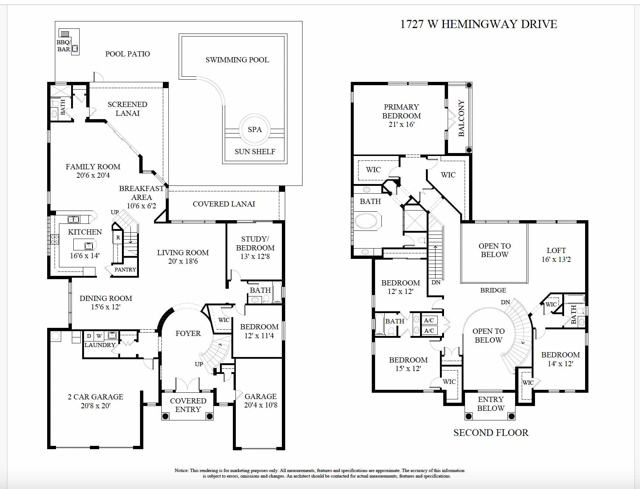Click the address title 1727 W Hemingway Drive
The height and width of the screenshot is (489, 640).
pyautogui.click(x=478, y=24)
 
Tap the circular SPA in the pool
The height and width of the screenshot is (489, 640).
pyautogui.click(x=255, y=129)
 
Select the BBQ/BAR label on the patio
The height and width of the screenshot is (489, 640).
pyautogui.click(x=64, y=46)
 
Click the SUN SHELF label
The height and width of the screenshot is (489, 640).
pyautogui.click(x=255, y=152)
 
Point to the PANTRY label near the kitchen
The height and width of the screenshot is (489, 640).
pyautogui.click(x=125, y=270)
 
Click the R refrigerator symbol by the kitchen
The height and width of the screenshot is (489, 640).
pyautogui.click(x=118, y=237)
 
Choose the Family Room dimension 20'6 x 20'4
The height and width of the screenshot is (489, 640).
pyautogui.click(x=93, y=176)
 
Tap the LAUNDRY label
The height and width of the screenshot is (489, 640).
pyautogui.click(x=100, y=345)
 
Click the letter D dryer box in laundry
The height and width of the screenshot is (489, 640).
pyautogui.click(x=89, y=336)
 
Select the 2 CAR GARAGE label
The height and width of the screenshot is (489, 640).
pyautogui.click(x=95, y=397)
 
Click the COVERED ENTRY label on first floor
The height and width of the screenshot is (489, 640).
pyautogui.click(x=188, y=405)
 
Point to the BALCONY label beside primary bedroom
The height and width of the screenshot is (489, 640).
pyautogui.click(x=461, y=118)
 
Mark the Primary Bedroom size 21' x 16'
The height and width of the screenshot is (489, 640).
pyautogui.click(x=401, y=125)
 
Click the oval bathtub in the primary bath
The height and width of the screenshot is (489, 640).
pyautogui.click(x=366, y=221)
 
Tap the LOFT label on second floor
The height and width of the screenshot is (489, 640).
pyautogui.click(x=556, y=250)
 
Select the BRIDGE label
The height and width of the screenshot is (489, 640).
pyautogui.click(x=493, y=290)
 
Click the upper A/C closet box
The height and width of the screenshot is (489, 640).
pyautogui.click(x=429, y=320)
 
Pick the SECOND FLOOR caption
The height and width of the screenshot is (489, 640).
pyautogui.click(x=491, y=433)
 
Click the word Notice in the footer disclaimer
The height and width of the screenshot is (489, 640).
pyautogui.click(x=181, y=471)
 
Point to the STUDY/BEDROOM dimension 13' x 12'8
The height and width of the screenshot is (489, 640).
pyautogui.click(x=255, y=256)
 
